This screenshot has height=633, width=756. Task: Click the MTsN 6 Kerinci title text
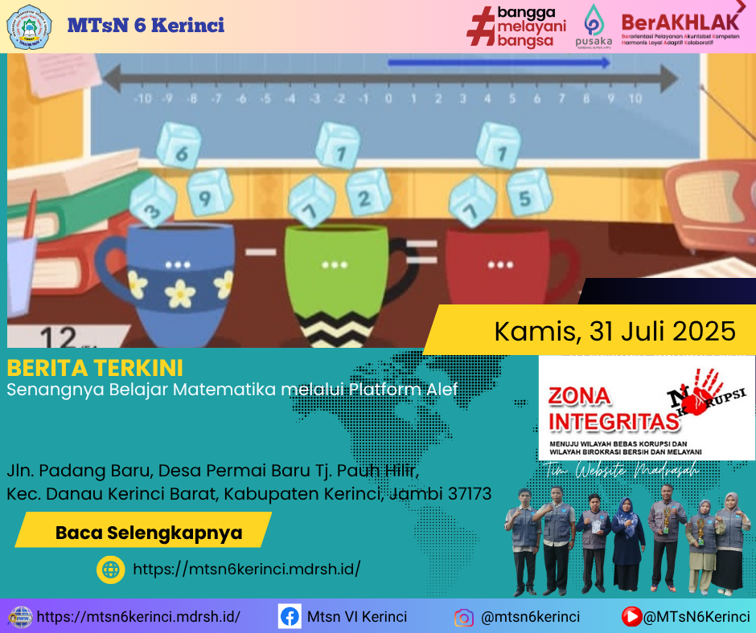(146, 25)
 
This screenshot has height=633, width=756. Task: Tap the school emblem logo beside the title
(30, 26)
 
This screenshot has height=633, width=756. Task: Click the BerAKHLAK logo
(680, 27)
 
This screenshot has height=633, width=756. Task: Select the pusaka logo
(594, 26)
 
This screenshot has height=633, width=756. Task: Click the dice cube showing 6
(177, 147)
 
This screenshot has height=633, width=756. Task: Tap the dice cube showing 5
(524, 193)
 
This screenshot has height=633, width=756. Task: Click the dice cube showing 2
(368, 193)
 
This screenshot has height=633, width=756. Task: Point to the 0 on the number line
(388, 99)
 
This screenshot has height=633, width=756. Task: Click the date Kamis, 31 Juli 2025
(614, 330)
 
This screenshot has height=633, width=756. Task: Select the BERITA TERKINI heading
(95, 368)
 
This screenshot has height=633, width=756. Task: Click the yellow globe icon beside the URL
(110, 569)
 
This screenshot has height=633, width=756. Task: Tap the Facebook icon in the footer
(290, 617)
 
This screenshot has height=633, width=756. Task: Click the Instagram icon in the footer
(463, 618)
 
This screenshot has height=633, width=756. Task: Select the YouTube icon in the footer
(631, 617)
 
